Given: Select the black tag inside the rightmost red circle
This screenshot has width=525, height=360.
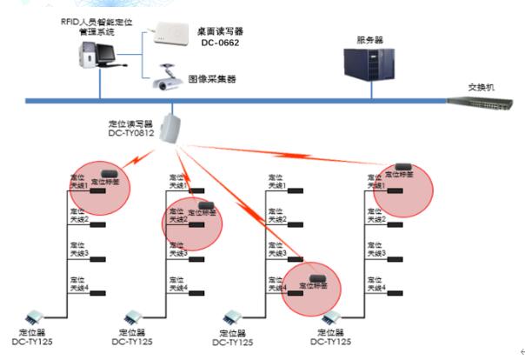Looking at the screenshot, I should [403, 166].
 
